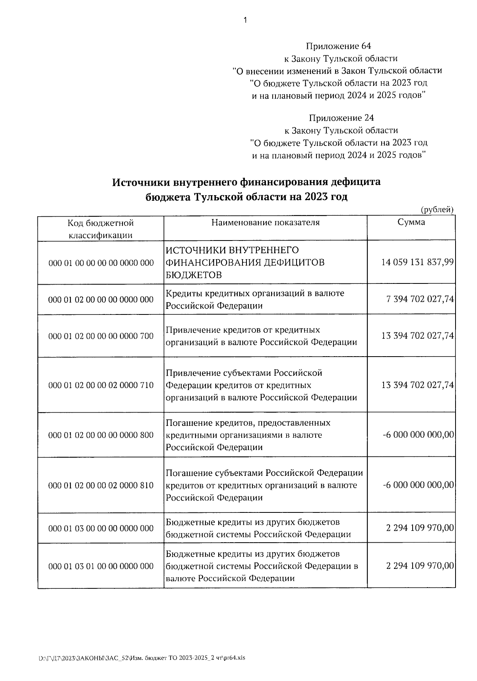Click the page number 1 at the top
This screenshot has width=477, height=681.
click(x=245, y=20)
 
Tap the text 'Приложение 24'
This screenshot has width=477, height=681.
click(x=341, y=118)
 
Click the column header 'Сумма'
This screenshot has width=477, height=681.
click(x=411, y=222)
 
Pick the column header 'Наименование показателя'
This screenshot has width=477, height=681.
click(x=265, y=222)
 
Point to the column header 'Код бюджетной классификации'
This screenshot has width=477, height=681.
click(x=101, y=229)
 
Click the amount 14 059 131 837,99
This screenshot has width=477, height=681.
click(x=417, y=262)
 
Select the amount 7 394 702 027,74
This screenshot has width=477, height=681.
click(x=420, y=299)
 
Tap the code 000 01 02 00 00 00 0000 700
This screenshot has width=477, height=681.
click(x=101, y=336)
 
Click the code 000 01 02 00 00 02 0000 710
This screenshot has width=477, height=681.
click(x=101, y=385)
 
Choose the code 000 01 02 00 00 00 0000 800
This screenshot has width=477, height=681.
click(x=101, y=435)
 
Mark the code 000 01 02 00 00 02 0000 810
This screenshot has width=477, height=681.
click(x=101, y=485)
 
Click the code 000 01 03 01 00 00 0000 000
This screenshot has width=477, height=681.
click(x=101, y=566)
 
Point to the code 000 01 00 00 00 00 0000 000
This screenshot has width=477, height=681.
click(x=101, y=263)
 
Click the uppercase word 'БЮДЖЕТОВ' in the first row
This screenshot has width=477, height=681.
click(x=194, y=275)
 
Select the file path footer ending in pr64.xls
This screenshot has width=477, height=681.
click(x=142, y=658)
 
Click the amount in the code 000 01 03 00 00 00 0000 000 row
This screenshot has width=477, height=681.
click(x=420, y=528)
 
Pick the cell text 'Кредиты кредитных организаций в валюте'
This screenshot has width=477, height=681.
click(x=255, y=293)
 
